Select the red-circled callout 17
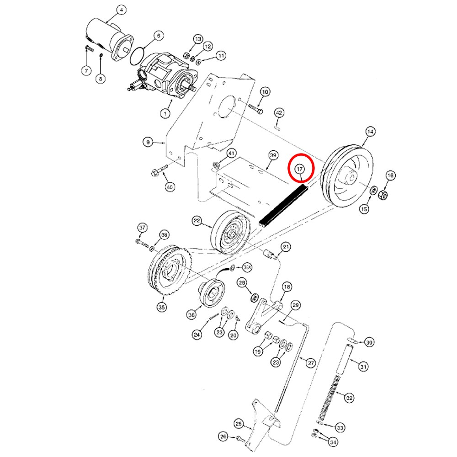[x=300, y=169]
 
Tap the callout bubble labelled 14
[x=370, y=132]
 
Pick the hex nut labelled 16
[x=383, y=196]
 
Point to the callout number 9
[x=148, y=143]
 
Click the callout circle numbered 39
[x=273, y=156]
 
